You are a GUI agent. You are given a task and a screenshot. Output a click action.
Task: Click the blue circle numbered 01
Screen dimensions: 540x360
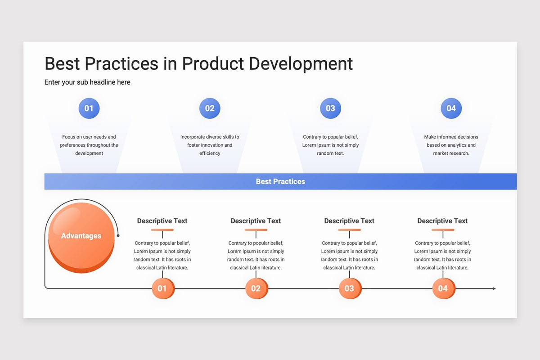click(x=89, y=108)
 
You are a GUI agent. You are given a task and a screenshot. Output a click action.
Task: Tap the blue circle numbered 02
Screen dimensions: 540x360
click(x=210, y=108)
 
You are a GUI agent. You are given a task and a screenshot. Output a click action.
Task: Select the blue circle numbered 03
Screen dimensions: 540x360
click(x=330, y=108)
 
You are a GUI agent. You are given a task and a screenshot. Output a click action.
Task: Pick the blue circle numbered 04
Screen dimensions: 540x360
click(x=451, y=108)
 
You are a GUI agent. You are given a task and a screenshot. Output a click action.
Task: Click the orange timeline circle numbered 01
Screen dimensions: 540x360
click(x=163, y=288)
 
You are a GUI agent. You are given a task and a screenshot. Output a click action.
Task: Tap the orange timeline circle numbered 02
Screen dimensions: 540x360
click(x=256, y=288)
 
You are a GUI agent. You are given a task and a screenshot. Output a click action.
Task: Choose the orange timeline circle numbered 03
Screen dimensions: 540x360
click(x=350, y=288)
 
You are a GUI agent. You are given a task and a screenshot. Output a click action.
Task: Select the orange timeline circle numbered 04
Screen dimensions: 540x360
click(x=444, y=288)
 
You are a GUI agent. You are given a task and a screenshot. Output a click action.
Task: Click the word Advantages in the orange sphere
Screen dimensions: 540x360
click(x=81, y=236)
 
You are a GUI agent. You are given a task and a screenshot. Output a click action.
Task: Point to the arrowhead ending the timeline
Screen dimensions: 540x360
click(x=495, y=288)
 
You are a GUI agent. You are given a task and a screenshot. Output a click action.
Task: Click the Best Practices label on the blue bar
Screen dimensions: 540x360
click(x=280, y=181)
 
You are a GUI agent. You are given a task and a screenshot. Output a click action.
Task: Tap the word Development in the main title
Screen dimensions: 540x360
click(x=301, y=64)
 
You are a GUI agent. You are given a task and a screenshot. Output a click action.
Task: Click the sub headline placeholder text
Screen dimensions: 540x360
click(x=87, y=82)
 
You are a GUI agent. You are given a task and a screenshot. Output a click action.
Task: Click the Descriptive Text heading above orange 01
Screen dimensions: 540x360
click(x=162, y=221)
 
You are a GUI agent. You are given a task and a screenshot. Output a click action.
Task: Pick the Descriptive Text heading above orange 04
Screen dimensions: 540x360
click(x=442, y=221)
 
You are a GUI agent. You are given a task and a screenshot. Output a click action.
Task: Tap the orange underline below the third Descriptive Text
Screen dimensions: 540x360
click(x=349, y=230)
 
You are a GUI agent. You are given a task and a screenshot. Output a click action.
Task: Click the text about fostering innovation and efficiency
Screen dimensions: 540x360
click(x=210, y=145)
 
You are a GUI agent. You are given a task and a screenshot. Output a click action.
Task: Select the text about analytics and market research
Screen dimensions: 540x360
click(x=451, y=145)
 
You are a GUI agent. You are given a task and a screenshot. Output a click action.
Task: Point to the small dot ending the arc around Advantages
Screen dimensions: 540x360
click(x=118, y=236)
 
